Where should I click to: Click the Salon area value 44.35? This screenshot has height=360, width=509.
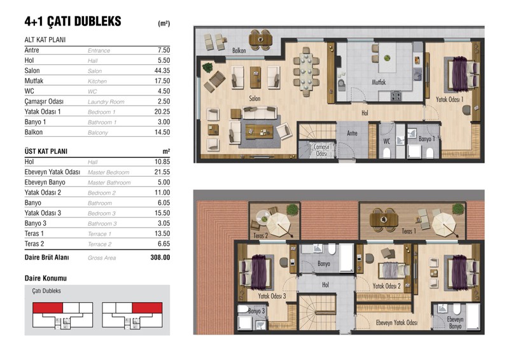click(162, 71)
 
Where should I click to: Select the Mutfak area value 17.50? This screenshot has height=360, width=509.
click(162, 81)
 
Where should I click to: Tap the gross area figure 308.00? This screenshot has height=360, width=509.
click(160, 258)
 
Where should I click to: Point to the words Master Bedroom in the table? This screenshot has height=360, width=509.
click(108, 172)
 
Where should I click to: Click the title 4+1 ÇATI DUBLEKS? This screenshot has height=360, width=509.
click(73, 22)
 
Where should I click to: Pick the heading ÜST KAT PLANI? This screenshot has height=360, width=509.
click(46, 151)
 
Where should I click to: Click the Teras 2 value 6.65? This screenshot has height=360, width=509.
click(164, 244)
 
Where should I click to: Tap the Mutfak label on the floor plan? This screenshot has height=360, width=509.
click(379, 82)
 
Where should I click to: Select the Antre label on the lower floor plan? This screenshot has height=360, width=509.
click(352, 133)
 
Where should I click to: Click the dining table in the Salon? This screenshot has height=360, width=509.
click(307, 72)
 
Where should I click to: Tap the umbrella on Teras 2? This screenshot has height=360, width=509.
click(278, 225)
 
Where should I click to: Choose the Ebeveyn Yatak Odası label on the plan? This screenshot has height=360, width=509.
click(396, 322)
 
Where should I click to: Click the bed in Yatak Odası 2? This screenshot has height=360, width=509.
click(394, 270)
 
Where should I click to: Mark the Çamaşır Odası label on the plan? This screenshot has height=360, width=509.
click(321, 150)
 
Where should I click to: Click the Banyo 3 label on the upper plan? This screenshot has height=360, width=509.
click(256, 311)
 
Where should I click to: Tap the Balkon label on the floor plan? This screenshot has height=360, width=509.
click(239, 51)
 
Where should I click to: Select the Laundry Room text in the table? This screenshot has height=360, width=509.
click(106, 102)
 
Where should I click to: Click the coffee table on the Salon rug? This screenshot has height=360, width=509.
click(259, 132)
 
